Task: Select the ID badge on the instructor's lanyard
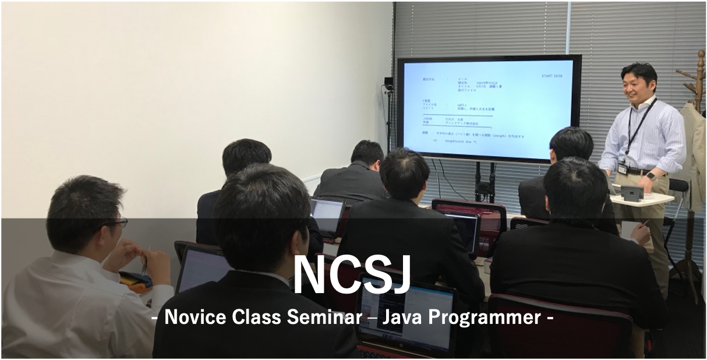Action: click(623, 168)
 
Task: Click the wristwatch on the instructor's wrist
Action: click(651, 177)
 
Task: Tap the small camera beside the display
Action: click(388, 83)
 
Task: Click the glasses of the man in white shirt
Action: click(118, 223)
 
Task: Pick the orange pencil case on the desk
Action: click(135, 281)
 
